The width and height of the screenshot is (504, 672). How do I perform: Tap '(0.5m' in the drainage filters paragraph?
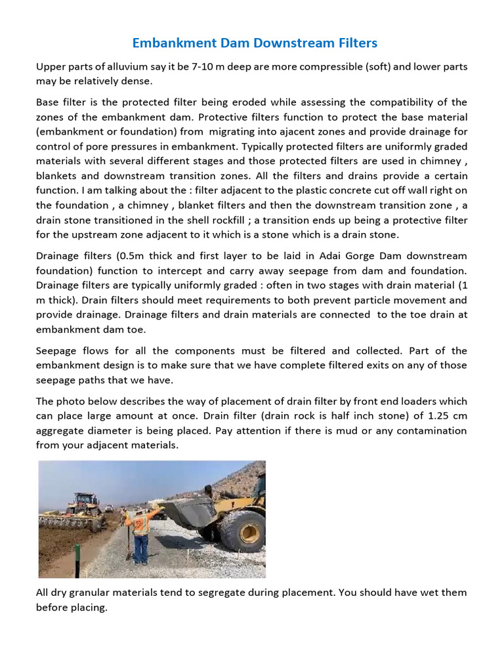coord(135,255)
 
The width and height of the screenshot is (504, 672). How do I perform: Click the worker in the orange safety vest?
coord(140,532)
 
